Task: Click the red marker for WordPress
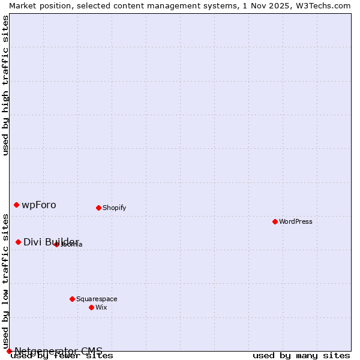click(275, 221)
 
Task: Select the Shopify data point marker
click(98, 208)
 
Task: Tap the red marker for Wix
click(91, 307)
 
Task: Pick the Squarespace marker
click(72, 299)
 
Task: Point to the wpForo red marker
click(16, 205)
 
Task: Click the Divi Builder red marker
click(18, 242)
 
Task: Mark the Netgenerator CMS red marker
click(9, 351)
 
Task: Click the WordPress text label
click(296, 221)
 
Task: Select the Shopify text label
click(114, 208)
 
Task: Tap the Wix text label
click(101, 307)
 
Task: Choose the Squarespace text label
click(97, 299)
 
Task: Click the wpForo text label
click(39, 205)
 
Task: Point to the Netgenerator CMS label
click(58, 351)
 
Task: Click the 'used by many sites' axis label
click(301, 356)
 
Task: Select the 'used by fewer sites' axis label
click(62, 356)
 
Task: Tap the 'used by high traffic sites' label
click(6, 85)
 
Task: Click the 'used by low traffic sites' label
click(6, 285)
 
